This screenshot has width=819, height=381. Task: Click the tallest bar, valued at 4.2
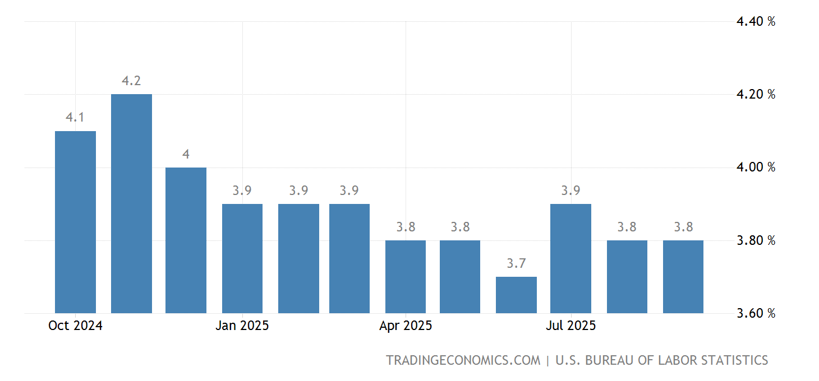tap(131, 203)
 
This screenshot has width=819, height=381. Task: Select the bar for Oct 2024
tap(75, 222)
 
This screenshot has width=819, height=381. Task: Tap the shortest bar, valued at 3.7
tap(516, 295)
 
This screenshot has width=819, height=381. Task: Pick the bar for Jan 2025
tap(242, 258)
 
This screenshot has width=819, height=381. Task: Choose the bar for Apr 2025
tap(406, 277)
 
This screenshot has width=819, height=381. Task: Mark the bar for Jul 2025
tap(570, 258)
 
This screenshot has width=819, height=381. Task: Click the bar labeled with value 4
tap(186, 240)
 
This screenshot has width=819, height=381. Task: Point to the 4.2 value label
tap(131, 81)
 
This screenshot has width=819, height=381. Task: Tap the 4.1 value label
tap(75, 118)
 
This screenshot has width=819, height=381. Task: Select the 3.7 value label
tap(516, 263)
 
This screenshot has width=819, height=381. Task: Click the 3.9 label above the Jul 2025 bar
tap(570, 190)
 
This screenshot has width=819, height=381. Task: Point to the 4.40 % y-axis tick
tap(756, 22)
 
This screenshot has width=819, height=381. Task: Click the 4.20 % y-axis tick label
tap(756, 94)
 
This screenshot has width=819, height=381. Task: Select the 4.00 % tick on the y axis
tap(756, 167)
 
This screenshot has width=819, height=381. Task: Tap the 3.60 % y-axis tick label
tap(756, 313)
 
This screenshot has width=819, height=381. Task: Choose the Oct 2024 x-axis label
tap(75, 326)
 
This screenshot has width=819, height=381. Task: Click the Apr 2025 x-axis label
tap(406, 326)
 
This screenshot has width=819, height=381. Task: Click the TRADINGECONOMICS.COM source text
tap(463, 360)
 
